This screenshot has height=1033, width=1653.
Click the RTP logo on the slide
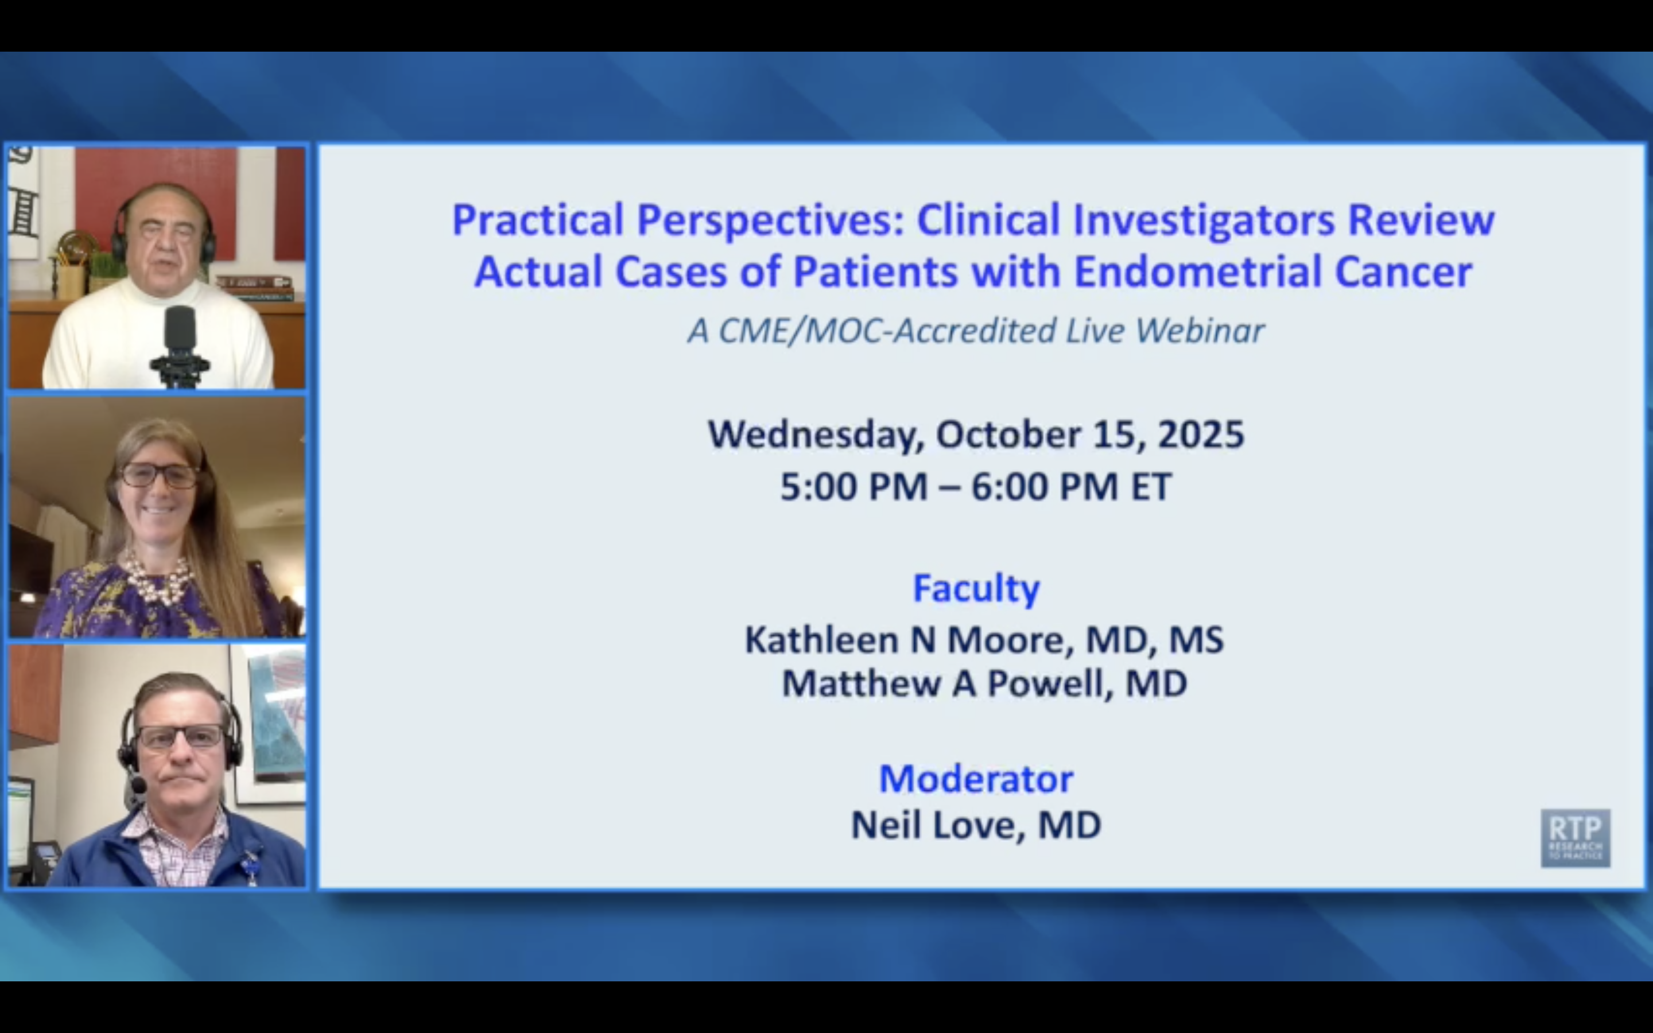click(1575, 838)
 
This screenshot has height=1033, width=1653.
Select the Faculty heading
click(976, 588)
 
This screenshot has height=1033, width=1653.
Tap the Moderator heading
click(976, 779)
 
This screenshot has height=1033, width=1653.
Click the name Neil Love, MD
click(976, 825)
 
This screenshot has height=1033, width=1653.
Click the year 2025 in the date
click(1201, 434)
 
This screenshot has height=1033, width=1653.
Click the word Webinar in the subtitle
click(1200, 331)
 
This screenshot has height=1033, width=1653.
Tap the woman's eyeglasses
click(158, 475)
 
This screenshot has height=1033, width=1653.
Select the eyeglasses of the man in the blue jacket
click(181, 736)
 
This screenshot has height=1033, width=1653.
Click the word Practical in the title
click(538, 220)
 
